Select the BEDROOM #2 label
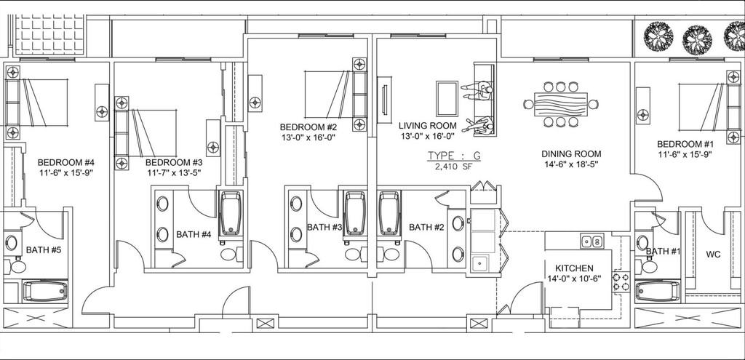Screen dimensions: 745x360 (x=308, y=127)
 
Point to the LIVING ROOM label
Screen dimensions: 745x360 (x=428, y=126)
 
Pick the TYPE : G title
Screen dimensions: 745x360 (x=454, y=156)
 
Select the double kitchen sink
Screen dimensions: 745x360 (x=591, y=241)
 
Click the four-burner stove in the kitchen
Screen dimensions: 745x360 (x=621, y=282)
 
